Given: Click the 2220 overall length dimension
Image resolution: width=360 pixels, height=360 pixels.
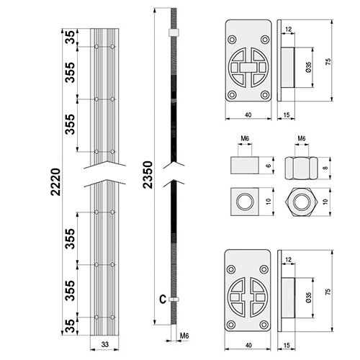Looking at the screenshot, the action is pos(55,182).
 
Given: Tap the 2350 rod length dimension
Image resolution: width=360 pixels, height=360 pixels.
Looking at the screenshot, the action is pos(148,175).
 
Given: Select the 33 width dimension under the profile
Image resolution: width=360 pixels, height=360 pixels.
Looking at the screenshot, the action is pos(105,344).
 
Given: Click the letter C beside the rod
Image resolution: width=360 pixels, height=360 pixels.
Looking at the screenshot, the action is pos(163,300).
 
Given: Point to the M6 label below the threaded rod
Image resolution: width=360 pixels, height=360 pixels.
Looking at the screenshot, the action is pos(184,336).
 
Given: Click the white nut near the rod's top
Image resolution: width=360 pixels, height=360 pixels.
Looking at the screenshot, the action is pos(174,32).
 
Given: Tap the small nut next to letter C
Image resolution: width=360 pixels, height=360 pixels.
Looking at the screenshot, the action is pos(174,300).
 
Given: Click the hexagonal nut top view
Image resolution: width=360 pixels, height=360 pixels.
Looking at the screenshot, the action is pos(302,202).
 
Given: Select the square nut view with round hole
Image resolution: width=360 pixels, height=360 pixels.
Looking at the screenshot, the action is pos(245,202).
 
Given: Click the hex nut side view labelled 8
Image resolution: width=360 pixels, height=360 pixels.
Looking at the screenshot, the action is pos(302,168).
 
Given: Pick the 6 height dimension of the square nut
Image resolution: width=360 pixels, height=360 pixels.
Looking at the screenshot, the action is pos(269,166).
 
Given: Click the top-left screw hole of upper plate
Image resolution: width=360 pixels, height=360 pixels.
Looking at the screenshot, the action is pos(232,40).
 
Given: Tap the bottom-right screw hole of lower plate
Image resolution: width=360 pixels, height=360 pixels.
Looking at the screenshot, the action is pos(264,325).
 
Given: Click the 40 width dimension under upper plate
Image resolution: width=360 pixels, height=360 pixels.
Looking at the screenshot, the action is pos(248,115).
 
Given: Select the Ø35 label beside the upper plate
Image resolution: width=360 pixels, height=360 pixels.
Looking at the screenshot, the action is pos(309,68).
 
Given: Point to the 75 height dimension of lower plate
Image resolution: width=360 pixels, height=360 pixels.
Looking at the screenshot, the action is pos(328,292).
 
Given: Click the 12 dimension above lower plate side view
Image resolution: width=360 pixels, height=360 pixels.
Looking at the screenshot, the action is pos(289,259).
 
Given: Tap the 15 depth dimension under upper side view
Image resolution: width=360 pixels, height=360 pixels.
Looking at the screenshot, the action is pos(287,115).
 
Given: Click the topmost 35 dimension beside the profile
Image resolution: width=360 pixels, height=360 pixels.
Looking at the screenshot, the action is pos(71,37).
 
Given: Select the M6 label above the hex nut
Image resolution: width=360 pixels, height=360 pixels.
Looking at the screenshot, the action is pos(302,138).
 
